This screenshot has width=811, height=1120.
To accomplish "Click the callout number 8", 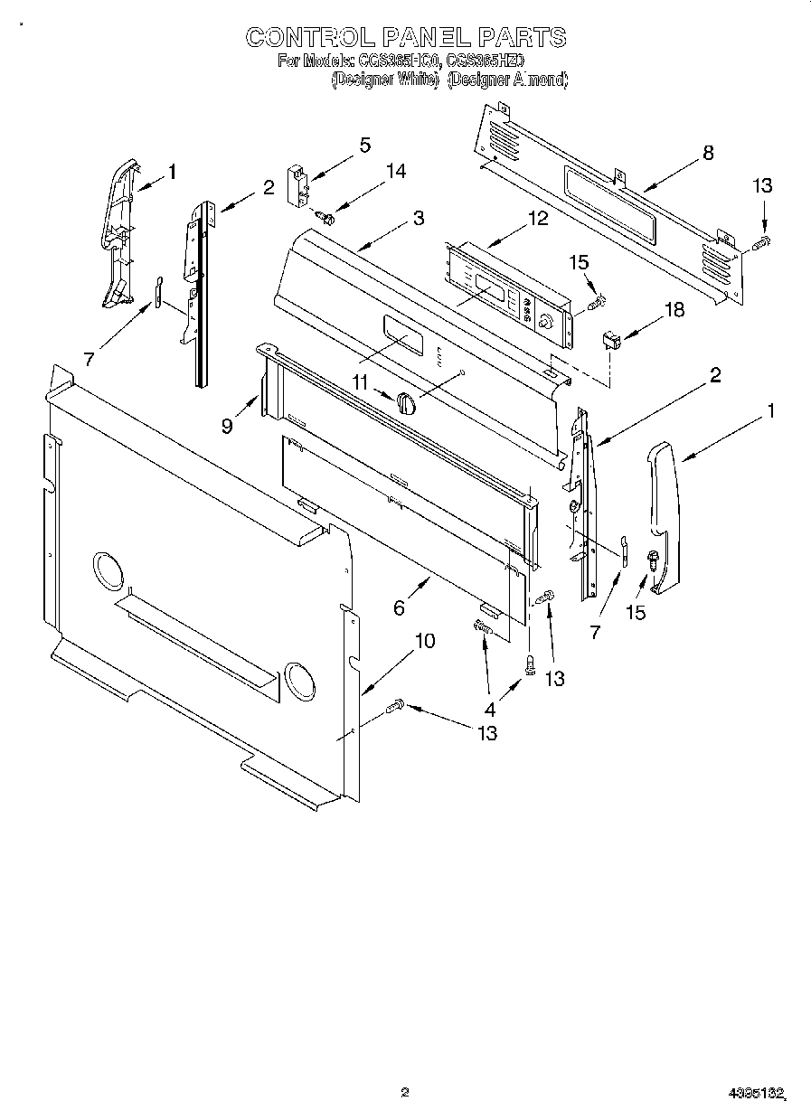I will click(708, 153).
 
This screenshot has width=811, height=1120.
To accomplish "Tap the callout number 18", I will click(674, 310).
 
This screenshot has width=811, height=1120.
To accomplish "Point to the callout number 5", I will click(365, 145).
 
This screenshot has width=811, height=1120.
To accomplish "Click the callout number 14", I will click(396, 171).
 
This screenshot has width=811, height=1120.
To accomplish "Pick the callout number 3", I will click(419, 218).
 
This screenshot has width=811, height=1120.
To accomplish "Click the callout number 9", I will click(227, 425).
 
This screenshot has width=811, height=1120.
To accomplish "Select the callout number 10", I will click(424, 641).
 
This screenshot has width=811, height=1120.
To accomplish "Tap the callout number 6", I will click(400, 608).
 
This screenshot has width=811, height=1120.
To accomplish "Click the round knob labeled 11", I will click(406, 402).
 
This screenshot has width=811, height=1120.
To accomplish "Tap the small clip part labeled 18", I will click(611, 341).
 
